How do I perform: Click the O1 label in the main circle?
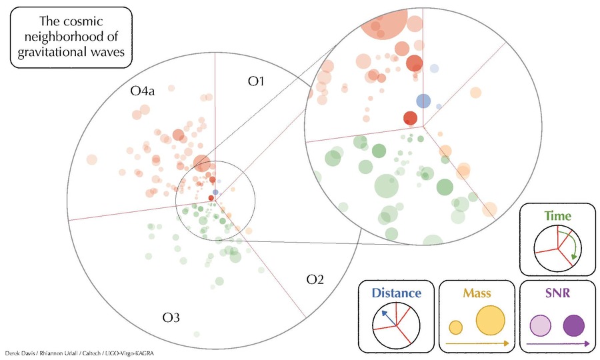(x=256, y=81)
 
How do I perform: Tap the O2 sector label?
(x=315, y=279)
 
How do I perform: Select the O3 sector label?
(x=171, y=317)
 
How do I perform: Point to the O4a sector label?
(x=143, y=91)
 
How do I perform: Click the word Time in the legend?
(x=557, y=216)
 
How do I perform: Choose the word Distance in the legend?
(x=397, y=293)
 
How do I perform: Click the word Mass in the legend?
(x=477, y=293)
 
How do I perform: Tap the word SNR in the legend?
(x=557, y=293)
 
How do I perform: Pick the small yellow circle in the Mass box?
(x=455, y=327)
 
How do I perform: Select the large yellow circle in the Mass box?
(x=490, y=321)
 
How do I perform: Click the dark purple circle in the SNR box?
(x=573, y=325)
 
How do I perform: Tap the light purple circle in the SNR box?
(x=540, y=325)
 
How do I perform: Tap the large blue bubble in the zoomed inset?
(x=423, y=101)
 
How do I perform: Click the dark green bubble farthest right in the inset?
(x=445, y=187)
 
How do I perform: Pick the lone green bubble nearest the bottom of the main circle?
(x=196, y=334)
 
